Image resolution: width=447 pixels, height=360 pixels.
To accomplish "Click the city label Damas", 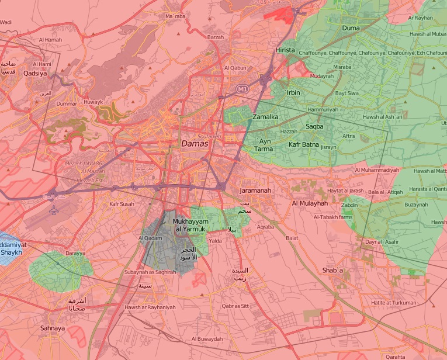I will click(195, 143).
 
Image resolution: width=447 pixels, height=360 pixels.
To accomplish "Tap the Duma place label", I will click(351, 28).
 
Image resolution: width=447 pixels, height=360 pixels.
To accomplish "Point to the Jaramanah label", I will click(257, 191).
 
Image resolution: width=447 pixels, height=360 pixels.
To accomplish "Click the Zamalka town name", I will click(265, 117).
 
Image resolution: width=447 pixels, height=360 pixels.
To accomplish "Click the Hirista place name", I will click(285, 51).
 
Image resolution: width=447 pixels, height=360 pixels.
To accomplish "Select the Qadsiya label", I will click(35, 74).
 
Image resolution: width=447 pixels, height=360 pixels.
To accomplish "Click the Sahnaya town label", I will click(53, 328).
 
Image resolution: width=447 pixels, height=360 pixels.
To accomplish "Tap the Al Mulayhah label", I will click(310, 203).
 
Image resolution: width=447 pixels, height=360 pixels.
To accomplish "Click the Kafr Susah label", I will click(122, 205).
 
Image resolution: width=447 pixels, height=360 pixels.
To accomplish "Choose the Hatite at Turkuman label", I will click(393, 303).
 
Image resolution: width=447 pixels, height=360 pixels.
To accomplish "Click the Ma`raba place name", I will click(175, 16).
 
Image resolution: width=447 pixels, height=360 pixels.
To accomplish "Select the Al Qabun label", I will click(234, 68).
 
